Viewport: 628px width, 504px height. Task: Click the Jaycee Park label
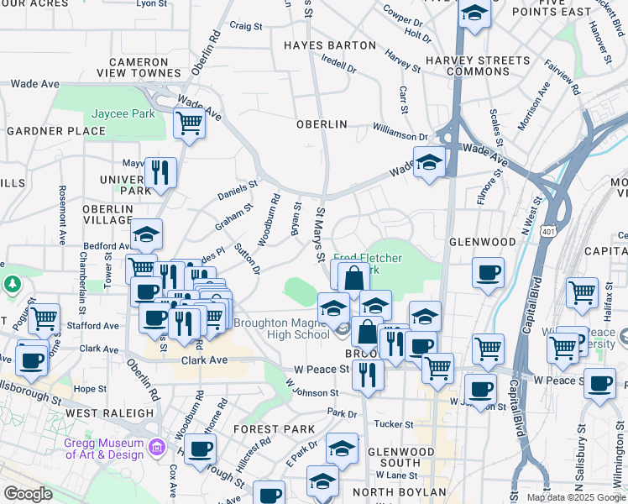point(123,113)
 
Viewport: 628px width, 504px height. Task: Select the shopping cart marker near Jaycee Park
point(190,123)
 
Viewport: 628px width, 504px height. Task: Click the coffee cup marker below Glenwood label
point(488,272)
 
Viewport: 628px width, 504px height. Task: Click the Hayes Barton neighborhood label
point(329,45)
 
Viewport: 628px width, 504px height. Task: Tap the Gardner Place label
point(56,131)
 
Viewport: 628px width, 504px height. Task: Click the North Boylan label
point(399,491)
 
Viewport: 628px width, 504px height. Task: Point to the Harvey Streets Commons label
point(468,66)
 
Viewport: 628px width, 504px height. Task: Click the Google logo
point(28,493)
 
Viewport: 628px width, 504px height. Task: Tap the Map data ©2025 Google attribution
point(577,497)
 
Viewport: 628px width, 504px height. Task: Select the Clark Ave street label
point(205,360)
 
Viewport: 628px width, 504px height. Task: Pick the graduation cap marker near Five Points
point(474,13)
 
